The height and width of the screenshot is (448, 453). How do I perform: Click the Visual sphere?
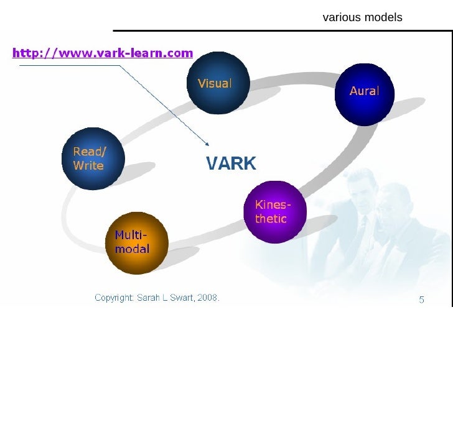pyautogui.click(x=218, y=83)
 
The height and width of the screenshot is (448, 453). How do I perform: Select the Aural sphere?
pyautogui.click(x=365, y=93)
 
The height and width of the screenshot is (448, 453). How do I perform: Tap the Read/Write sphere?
pyautogui.click(x=93, y=158)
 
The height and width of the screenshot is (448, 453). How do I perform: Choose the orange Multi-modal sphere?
pyautogui.click(x=137, y=242)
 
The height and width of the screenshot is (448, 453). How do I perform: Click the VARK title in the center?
pyautogui.click(x=231, y=163)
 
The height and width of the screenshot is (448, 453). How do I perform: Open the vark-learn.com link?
pyautogui.click(x=103, y=53)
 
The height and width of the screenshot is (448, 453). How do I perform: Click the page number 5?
pyautogui.click(x=421, y=299)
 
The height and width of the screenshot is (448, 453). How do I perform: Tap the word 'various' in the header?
pyautogui.click(x=342, y=17)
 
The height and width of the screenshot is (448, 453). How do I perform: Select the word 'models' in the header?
pyautogui.click(x=383, y=17)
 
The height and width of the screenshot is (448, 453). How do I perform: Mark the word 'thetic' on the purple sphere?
pyautogui.click(x=271, y=219)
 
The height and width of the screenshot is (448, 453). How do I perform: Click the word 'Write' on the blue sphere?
pyautogui.click(x=88, y=166)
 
